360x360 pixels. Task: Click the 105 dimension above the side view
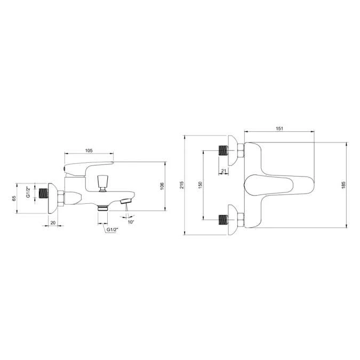pyautogui.click(x=89, y=151)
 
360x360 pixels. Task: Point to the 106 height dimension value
pyautogui.click(x=162, y=186)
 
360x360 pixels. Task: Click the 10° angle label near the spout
pyautogui.click(x=131, y=221)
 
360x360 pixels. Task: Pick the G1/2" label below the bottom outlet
pyautogui.click(x=112, y=229)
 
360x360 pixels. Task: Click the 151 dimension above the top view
pyautogui.click(x=279, y=129)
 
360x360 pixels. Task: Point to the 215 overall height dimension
pyautogui.click(x=182, y=185)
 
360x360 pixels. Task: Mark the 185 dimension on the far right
pyautogui.click(x=343, y=183)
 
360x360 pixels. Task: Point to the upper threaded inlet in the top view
pyautogui.click(x=222, y=149)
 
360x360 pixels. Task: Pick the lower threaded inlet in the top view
pyautogui.click(x=222, y=219)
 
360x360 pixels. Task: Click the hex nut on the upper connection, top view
pyautogui.click(x=241, y=150)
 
